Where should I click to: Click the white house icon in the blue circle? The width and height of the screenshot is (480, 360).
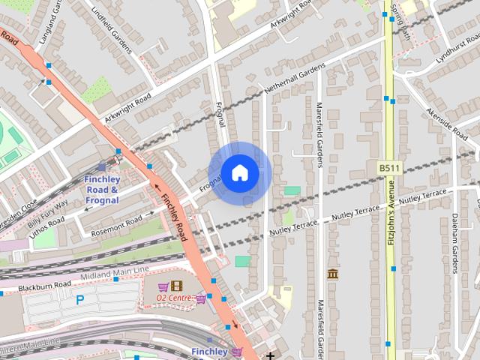coord(239,173)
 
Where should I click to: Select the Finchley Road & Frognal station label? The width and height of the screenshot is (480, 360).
coord(102,190)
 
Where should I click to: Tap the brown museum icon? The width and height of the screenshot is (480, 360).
coord(332,274)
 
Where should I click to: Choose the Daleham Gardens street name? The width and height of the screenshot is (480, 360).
coord(454,244)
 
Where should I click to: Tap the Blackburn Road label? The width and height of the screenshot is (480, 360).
coord(45,285)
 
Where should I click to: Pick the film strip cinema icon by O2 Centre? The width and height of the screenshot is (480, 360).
coord(176,286)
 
